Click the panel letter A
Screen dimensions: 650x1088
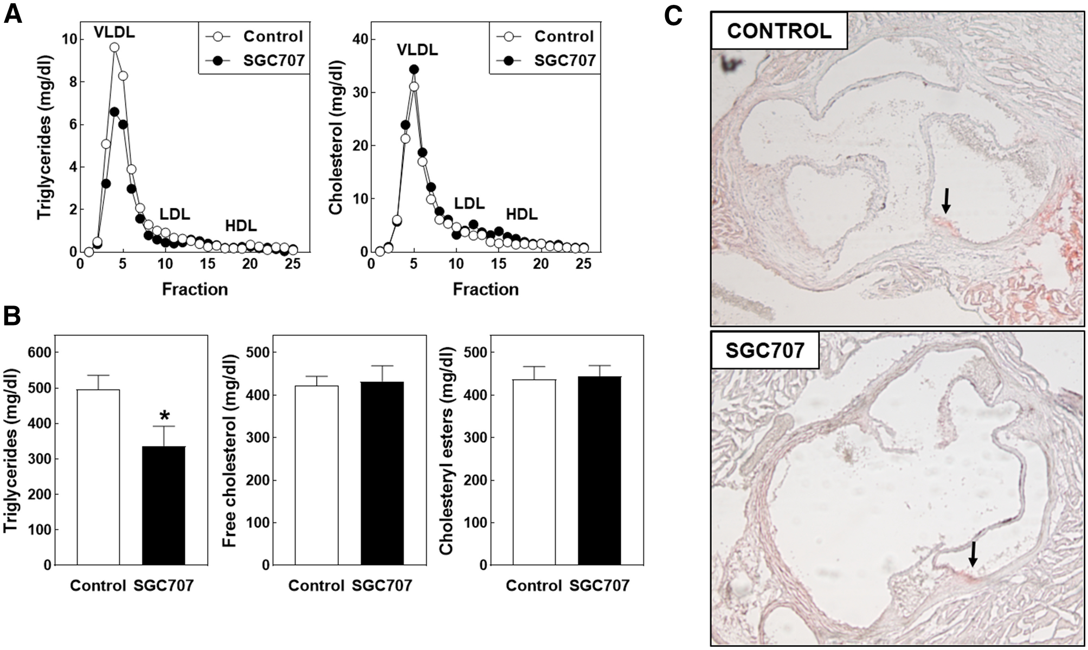point(13,14)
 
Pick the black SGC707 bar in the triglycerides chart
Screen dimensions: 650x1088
point(164,505)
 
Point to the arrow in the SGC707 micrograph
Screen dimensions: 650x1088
point(973,554)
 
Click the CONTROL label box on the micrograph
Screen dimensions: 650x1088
point(779,31)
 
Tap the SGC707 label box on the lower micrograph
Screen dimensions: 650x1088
point(765,351)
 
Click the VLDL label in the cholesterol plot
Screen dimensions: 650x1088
point(417,50)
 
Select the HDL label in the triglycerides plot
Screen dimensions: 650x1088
point(241,225)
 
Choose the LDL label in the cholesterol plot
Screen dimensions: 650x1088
point(469,203)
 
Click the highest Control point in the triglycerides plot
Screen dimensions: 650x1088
point(114,48)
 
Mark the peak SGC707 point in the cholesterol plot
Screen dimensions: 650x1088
point(414,69)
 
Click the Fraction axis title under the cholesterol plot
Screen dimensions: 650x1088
point(485,289)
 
